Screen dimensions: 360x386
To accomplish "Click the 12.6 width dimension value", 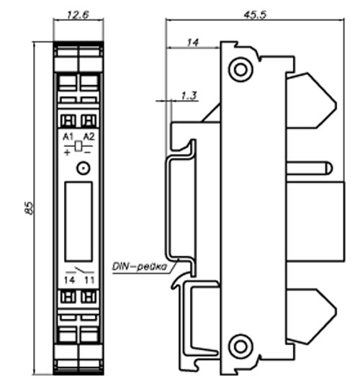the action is tap(78, 15).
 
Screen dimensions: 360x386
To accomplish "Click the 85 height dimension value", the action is tap(29, 208).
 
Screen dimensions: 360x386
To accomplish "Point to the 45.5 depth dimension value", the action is tap(255, 15).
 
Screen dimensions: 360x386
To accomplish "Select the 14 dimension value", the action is tap(193, 42).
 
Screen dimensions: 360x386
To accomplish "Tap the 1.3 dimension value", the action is tap(189, 96).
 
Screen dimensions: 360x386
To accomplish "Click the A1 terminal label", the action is tap(68, 137).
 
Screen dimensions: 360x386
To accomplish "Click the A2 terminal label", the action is tap(89, 137).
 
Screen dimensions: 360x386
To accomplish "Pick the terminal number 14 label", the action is tap(69, 280).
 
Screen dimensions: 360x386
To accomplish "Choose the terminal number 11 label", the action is tap(89, 280).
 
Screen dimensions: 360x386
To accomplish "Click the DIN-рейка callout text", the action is tap(140, 266).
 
